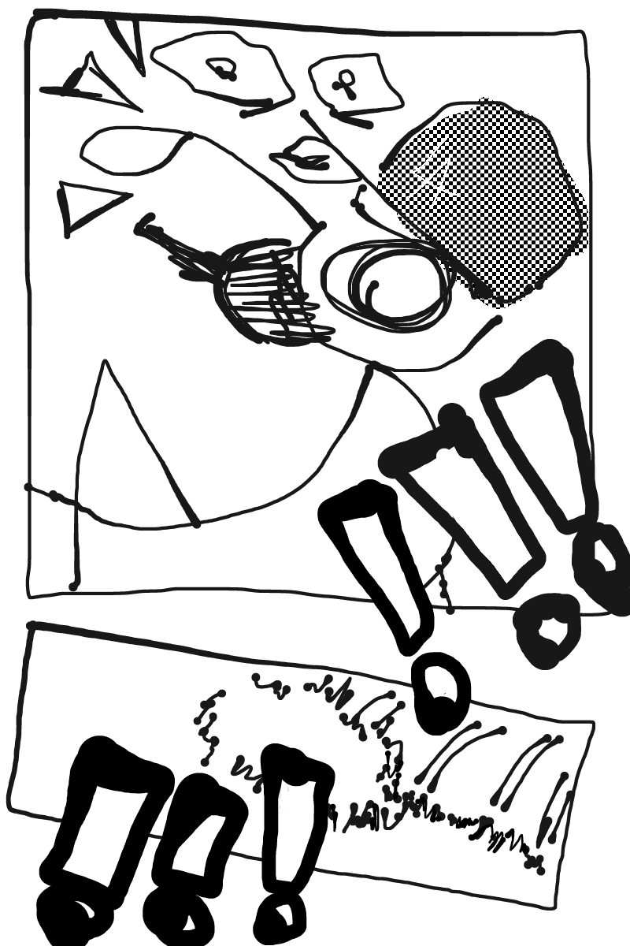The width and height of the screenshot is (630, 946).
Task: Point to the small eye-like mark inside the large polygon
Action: [221, 69]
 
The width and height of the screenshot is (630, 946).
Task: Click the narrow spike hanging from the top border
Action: [128, 43]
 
